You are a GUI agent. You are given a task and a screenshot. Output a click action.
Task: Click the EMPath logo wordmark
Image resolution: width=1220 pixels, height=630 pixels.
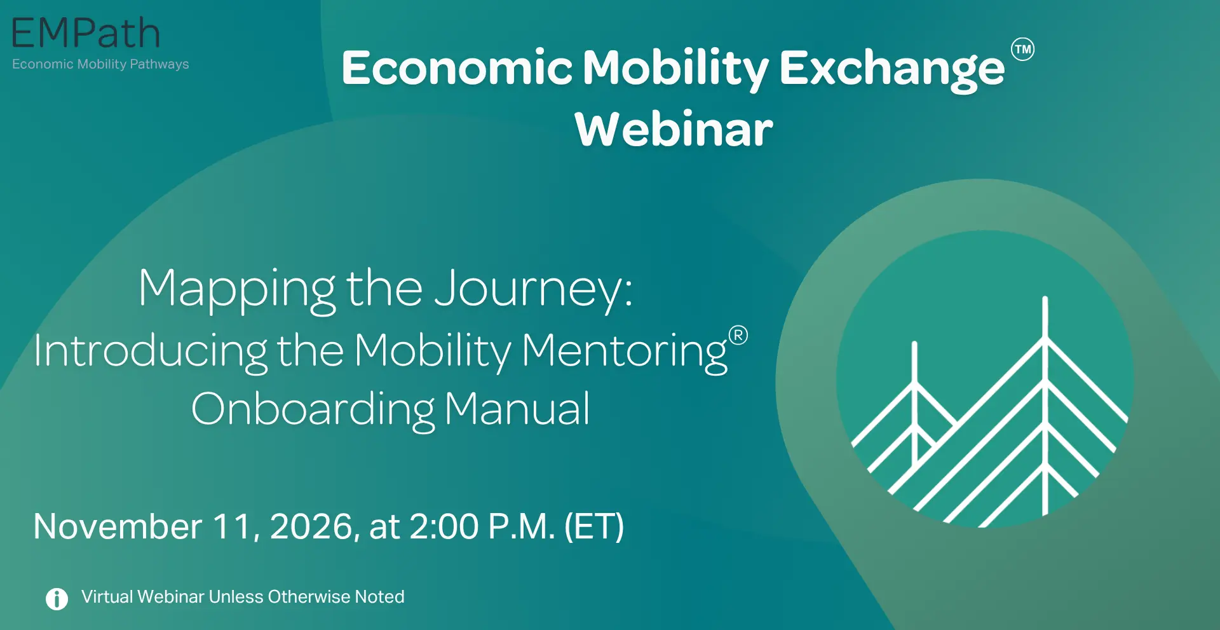(86, 34)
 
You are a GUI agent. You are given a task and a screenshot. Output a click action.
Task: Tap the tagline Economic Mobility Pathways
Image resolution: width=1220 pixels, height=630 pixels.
(100, 64)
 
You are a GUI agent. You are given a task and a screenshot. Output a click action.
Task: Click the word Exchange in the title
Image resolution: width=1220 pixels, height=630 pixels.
(892, 69)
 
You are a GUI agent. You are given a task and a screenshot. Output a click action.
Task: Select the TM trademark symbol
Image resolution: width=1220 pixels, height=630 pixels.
(1022, 50)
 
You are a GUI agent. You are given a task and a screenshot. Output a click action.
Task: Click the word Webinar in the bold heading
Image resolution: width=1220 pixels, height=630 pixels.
(674, 129)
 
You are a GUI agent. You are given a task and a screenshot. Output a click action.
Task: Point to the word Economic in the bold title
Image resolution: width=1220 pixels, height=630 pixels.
(457, 67)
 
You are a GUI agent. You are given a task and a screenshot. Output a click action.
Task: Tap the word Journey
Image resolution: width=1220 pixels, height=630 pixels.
(534, 290)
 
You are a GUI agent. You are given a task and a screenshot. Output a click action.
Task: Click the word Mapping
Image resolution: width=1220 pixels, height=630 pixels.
(237, 290)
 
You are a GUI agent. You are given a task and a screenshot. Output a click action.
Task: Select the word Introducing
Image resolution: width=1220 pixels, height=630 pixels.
(151, 351)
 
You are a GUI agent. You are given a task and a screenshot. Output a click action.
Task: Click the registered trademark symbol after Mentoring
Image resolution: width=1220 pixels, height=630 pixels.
(738, 335)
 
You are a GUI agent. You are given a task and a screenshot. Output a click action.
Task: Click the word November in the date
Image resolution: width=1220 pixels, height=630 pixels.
(118, 526)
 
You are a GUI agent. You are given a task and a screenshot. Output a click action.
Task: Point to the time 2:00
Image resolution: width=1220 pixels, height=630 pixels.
(444, 527)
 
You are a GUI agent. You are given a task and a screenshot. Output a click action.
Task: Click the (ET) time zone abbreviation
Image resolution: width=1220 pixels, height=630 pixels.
(594, 527)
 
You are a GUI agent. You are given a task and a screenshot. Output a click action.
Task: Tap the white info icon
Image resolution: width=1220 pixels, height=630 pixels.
(57, 598)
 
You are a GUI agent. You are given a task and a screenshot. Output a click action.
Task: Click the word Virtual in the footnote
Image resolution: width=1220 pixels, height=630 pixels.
(107, 596)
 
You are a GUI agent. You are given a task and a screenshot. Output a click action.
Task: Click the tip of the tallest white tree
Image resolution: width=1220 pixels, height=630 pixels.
(1045, 298)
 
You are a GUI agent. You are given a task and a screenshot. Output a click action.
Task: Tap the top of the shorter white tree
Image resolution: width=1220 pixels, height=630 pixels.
(914, 343)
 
